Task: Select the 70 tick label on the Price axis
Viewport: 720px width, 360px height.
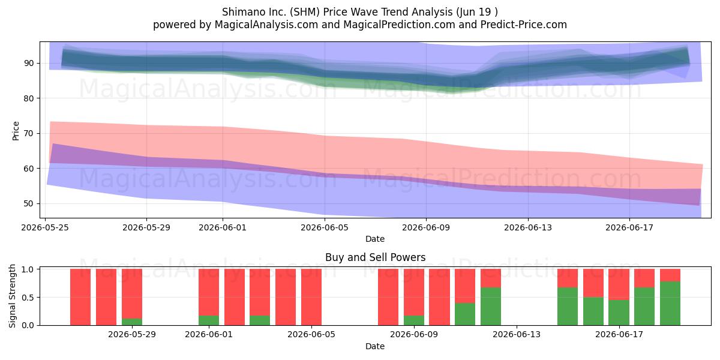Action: pos(29,133)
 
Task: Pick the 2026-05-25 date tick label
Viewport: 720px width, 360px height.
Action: pos(45,227)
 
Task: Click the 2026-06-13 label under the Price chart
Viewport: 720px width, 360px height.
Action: pos(528,227)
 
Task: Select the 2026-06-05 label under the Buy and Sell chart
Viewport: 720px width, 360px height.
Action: pos(311,335)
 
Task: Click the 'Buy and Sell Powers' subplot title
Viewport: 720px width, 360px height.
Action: pos(375,257)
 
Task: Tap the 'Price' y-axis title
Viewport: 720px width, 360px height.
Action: pos(16,131)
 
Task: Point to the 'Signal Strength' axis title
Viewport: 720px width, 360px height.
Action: pos(12,296)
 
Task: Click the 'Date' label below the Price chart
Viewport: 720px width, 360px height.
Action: pos(375,239)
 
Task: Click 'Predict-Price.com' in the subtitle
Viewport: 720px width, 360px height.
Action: pos(524,25)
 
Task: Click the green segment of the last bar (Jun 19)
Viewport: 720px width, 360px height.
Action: pos(670,304)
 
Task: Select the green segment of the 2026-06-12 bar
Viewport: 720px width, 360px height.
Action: pos(491,307)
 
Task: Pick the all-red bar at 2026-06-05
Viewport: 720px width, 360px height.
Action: pos(311,297)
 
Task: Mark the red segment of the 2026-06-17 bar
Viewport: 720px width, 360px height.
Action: pos(619,284)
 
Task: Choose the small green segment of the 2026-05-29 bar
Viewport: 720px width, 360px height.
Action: pos(132,322)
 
